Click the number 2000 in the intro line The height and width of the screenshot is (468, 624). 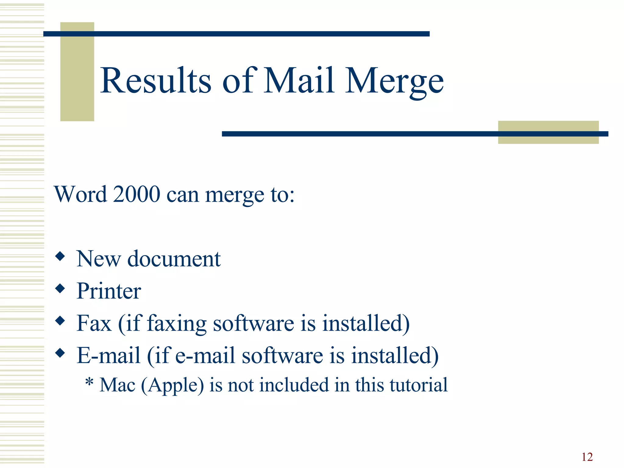[136, 194]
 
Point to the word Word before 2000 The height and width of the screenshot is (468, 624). [81, 194]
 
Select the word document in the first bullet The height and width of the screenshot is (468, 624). [174, 259]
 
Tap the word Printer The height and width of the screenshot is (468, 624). [109, 291]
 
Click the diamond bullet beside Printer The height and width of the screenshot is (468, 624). [60, 288]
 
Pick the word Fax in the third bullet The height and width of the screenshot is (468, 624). [94, 323]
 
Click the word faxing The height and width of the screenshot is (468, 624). [177, 324]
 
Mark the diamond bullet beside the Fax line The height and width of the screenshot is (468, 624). [60, 321]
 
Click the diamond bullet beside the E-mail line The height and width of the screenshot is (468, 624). [60, 353]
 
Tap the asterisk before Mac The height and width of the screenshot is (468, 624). [89, 382]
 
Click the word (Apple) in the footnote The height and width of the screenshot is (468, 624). [172, 385]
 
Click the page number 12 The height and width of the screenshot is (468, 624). [587, 457]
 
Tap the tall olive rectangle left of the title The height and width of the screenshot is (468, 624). [77, 72]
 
